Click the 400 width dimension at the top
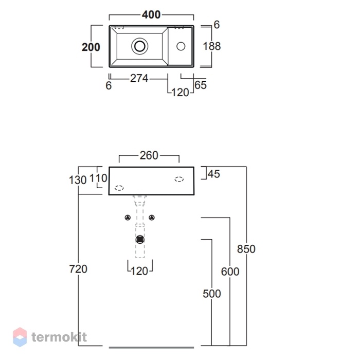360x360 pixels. pos(151,15)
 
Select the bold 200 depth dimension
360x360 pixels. pos(91,47)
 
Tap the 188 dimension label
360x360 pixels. pos(212,46)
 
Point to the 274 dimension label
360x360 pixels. pos(139,78)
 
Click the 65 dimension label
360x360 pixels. pos(201,85)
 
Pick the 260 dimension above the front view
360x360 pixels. pos(149,155)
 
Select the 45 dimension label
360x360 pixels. pos(214,174)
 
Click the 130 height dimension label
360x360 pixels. pos(78,180)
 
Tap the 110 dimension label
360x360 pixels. pos(98,178)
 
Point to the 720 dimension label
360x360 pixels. pos(78,269)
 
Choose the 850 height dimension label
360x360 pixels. pos(246,249)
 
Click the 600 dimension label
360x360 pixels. pos(230,272)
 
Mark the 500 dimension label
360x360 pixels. pos(212,294)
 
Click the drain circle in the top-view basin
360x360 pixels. pos(139,46)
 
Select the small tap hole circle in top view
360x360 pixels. pos(181,46)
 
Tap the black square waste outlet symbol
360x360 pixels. pos(140,240)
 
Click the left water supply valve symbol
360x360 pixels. pos(128,218)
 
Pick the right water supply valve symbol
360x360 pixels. pos(152,218)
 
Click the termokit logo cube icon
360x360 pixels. pos(20,337)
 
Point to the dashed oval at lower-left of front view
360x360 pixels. pos(119,188)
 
